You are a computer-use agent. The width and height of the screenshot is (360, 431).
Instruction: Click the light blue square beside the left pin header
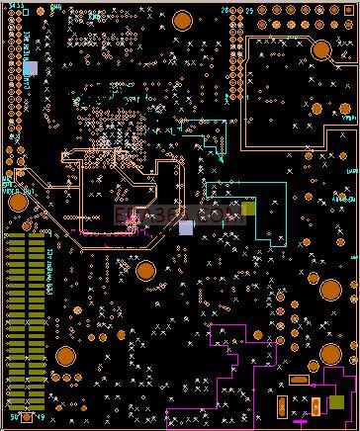[x=30, y=68]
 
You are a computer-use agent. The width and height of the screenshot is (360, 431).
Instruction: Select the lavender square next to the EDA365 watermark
[x=186, y=227]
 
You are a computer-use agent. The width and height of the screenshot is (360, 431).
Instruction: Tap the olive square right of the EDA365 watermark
[x=248, y=209]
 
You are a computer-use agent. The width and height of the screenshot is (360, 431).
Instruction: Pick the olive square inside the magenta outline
[x=337, y=401]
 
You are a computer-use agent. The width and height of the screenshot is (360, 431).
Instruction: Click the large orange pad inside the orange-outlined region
[x=321, y=49]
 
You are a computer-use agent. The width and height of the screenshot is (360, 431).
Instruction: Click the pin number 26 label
[x=225, y=10]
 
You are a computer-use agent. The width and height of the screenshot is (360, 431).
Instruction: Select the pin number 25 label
[x=249, y=10]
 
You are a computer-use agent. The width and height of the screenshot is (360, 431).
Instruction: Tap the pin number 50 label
[x=13, y=416]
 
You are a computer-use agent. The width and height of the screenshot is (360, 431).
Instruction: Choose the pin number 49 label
[x=41, y=416]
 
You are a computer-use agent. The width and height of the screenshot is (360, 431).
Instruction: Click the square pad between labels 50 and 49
[x=27, y=416]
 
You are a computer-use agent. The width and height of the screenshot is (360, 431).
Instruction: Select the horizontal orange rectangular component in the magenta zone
[x=299, y=380]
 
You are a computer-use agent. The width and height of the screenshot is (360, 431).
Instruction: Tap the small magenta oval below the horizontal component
[x=300, y=422]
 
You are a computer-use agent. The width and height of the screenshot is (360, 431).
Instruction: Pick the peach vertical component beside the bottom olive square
[x=315, y=404]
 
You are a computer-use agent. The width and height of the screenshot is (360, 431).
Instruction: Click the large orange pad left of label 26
[x=183, y=21]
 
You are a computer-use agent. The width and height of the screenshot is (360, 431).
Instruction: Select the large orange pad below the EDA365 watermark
[x=145, y=270]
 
